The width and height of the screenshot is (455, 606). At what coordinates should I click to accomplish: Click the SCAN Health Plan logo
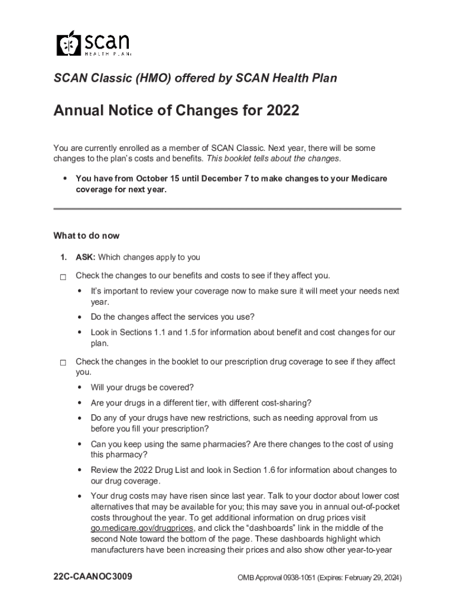(93, 43)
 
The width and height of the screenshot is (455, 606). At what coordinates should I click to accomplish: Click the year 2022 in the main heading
(282, 111)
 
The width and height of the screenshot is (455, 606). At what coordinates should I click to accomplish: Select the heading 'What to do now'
(86, 236)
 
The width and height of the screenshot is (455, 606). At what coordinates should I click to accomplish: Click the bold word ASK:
(86, 257)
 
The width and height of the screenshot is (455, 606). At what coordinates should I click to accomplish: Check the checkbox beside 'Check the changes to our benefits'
(63, 276)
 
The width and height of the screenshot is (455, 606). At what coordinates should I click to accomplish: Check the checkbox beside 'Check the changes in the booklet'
(63, 362)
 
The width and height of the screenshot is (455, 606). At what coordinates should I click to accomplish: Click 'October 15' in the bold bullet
(161, 179)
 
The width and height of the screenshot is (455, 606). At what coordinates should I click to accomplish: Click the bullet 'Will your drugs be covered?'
(142, 388)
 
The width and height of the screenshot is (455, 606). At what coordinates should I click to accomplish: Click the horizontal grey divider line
(227, 209)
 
